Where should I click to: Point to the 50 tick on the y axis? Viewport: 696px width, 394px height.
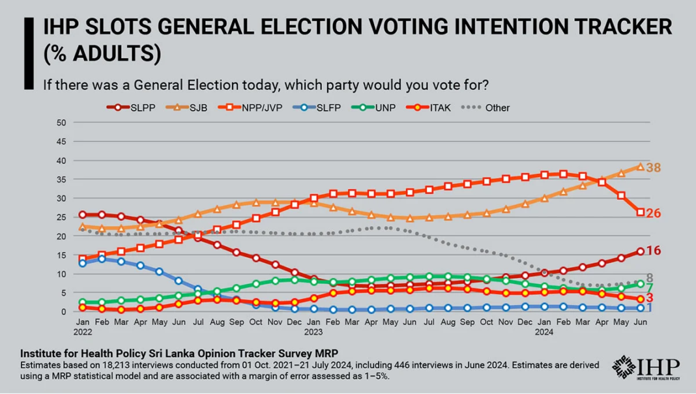pyautogui.click(x=62, y=122)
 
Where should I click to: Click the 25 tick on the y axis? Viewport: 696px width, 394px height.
pyautogui.click(x=62, y=218)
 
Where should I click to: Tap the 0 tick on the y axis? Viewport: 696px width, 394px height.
pyautogui.click(x=64, y=312)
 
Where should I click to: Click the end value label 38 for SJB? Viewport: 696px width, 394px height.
pyautogui.click(x=654, y=168)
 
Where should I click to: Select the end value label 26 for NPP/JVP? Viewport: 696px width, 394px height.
pyautogui.click(x=654, y=214)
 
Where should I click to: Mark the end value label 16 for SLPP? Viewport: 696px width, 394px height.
pyautogui.click(x=654, y=251)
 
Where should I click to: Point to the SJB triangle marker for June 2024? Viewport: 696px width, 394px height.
pyautogui.click(x=641, y=167)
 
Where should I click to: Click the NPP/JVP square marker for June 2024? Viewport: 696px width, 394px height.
pyautogui.click(x=641, y=212)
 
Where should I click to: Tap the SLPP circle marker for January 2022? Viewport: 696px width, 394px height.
pyautogui.click(x=83, y=214)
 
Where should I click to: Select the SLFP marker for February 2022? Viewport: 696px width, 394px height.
pyautogui.click(x=102, y=259)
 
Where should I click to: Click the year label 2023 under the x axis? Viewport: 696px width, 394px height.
pyautogui.click(x=313, y=331)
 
